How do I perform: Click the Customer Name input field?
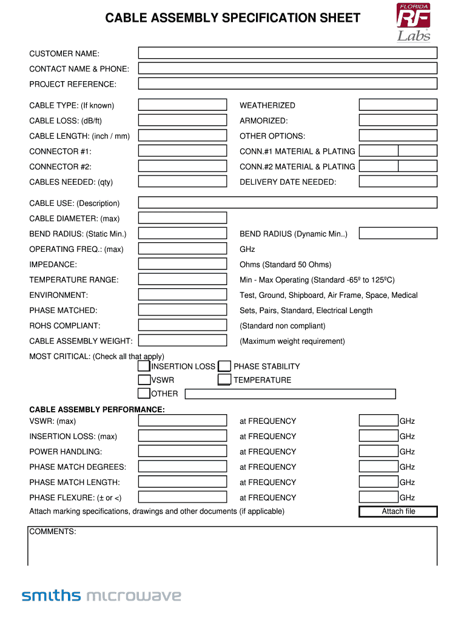(287, 54)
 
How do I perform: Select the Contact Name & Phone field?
(287, 69)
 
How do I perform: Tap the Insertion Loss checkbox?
(144, 366)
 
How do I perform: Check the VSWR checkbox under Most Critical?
(144, 380)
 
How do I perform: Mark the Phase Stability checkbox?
(224, 366)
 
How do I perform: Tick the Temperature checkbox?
(224, 380)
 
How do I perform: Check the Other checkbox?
(144, 394)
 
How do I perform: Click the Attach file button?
(398, 512)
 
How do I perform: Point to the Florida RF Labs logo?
(414, 22)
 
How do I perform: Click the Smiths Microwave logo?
(101, 596)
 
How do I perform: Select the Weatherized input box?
(398, 105)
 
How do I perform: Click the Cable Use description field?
(287, 203)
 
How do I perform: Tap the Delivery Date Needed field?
(398, 182)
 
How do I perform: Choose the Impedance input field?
(183, 264)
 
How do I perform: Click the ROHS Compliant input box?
(183, 325)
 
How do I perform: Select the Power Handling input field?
(183, 451)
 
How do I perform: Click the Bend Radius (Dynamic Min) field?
(398, 233)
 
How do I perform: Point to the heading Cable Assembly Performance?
(97, 410)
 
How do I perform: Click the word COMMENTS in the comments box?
(53, 532)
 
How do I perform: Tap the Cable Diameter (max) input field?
(183, 218)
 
